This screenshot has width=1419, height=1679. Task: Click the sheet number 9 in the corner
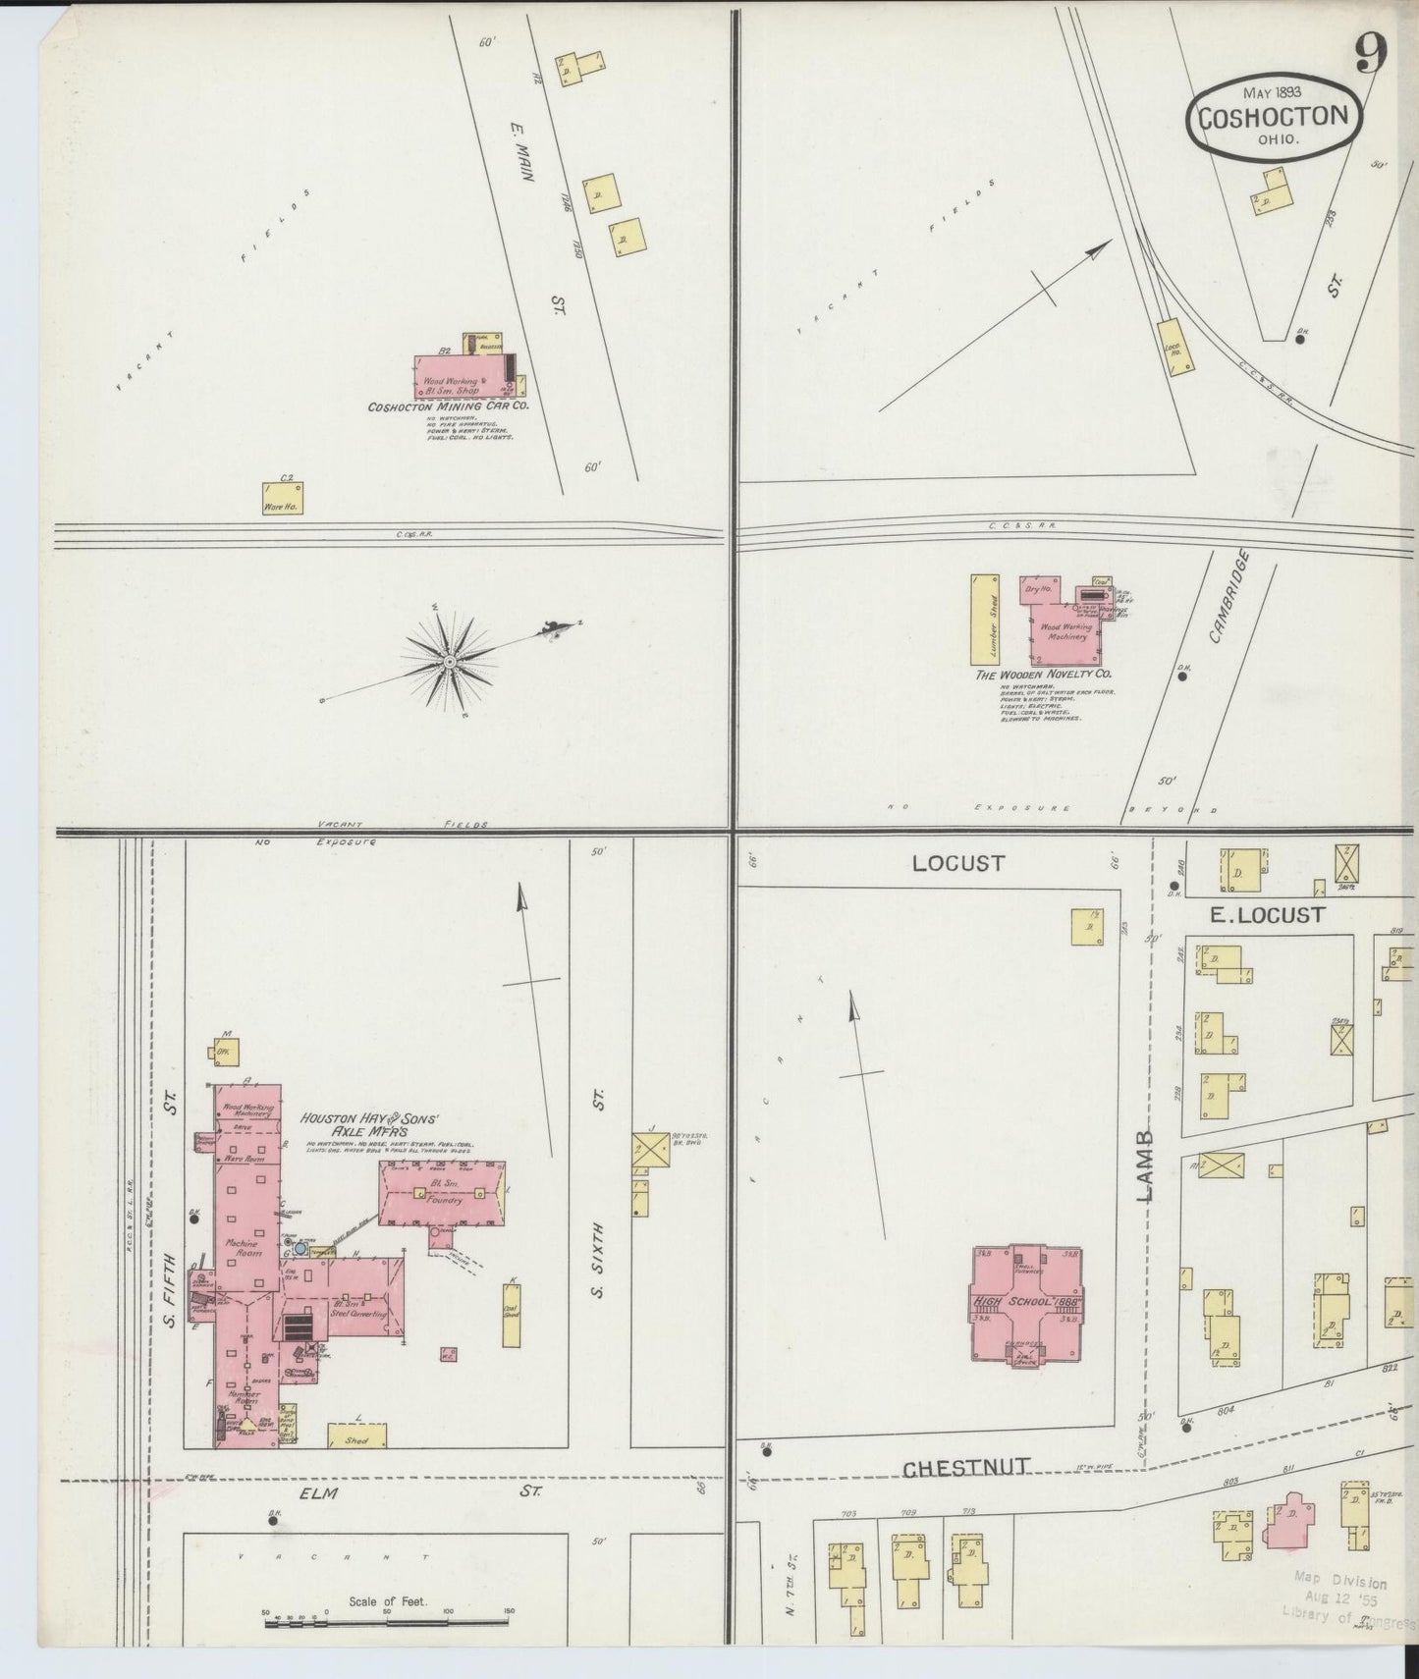[1371, 55]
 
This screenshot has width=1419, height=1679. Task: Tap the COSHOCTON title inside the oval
[1273, 117]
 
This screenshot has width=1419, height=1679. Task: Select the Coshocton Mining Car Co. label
[448, 406]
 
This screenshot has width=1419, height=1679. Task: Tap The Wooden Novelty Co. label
[1042, 676]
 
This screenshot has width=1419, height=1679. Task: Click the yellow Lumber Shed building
[983, 619]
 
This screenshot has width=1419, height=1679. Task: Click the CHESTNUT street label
[965, 1468]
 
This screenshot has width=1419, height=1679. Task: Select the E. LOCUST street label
[1266, 915]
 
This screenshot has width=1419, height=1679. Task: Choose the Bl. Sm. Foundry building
[442, 1193]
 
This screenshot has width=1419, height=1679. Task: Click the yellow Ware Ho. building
[283, 498]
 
